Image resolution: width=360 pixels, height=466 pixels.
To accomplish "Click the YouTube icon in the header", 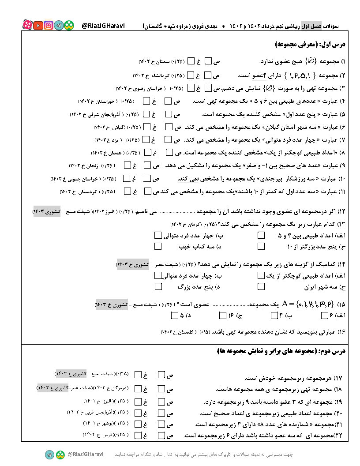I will tap(38, 26).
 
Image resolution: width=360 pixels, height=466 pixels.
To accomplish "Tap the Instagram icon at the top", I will tap(49, 26).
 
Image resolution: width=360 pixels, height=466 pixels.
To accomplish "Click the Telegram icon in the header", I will tap(59, 26).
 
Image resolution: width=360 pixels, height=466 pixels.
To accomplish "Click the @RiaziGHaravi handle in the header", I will tap(103, 26).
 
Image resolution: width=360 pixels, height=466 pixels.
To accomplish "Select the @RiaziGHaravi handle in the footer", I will tap(85, 454).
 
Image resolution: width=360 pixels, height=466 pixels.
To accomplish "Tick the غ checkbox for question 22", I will tap(138, 436).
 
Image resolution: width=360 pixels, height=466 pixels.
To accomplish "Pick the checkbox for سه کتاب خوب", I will tap(158, 246).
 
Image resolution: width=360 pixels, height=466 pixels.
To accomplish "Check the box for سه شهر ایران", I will tap(261, 286).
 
